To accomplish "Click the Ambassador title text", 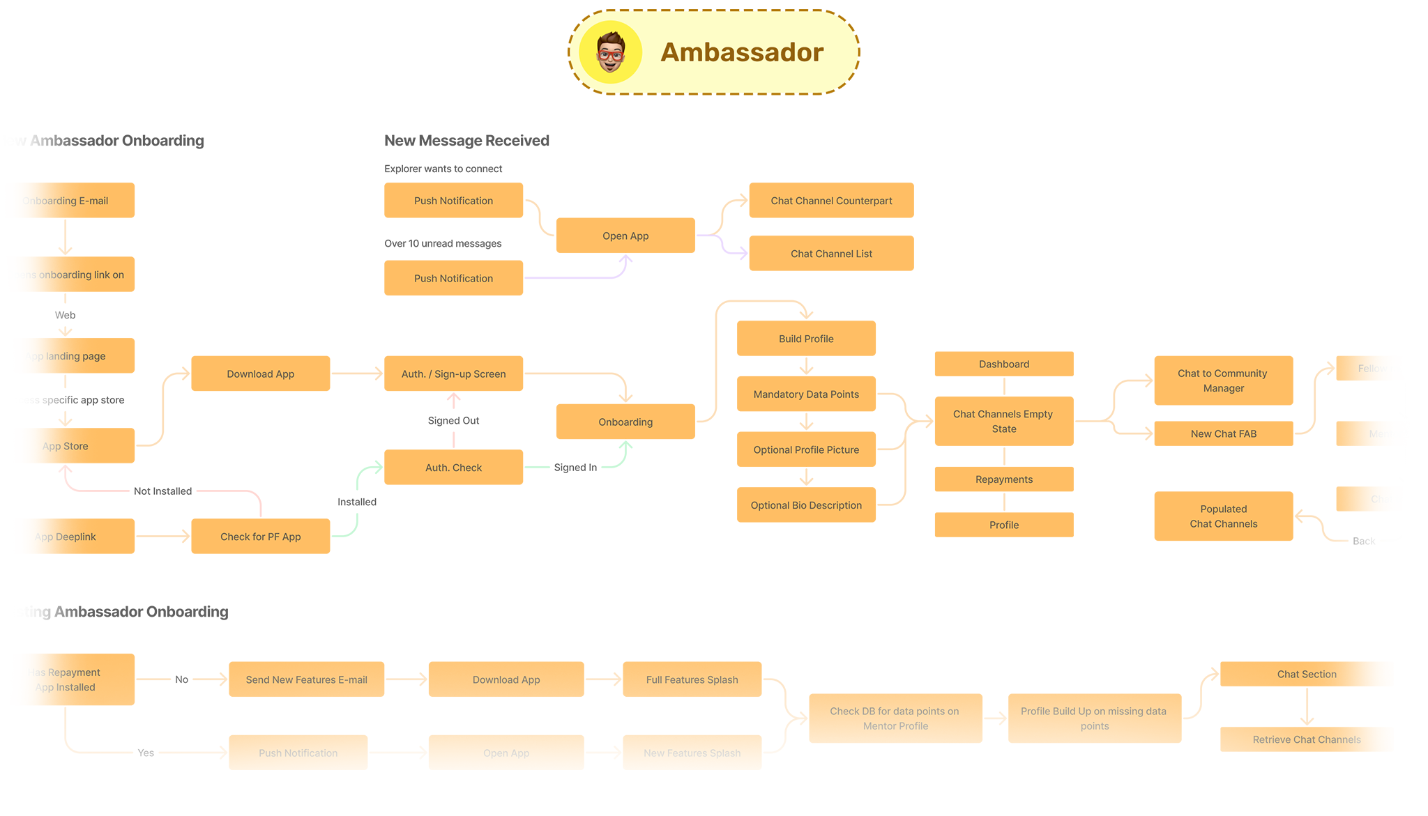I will (742, 52).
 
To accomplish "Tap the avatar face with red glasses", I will (611, 52).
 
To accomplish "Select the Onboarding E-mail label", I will (65, 201).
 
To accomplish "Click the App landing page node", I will (65, 356).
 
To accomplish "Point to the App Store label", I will (65, 446).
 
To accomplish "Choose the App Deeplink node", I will (65, 537).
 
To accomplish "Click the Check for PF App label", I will (260, 537).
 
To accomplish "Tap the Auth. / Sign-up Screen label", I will (453, 374).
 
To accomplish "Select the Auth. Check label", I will (453, 468).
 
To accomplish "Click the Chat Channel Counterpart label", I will (831, 201).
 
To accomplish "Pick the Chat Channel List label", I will (831, 254).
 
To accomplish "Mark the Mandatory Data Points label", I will (806, 394).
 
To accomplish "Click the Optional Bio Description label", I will (806, 505).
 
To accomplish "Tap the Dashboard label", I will (1004, 364).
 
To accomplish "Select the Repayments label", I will (1004, 479).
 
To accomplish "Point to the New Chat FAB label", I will (1223, 433).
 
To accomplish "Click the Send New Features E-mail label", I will (306, 679).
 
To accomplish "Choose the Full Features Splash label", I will (692, 679).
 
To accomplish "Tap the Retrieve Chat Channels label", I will (1307, 739).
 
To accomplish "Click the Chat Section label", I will (1307, 674).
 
